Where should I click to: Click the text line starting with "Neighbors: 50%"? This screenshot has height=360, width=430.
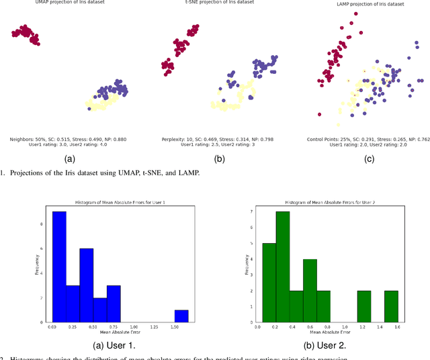[x=69, y=139]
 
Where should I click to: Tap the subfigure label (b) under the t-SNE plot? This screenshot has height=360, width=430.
[x=220, y=159]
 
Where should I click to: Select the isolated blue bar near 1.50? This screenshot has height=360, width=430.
[x=181, y=316]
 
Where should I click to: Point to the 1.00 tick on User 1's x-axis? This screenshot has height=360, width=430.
[x=134, y=326]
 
